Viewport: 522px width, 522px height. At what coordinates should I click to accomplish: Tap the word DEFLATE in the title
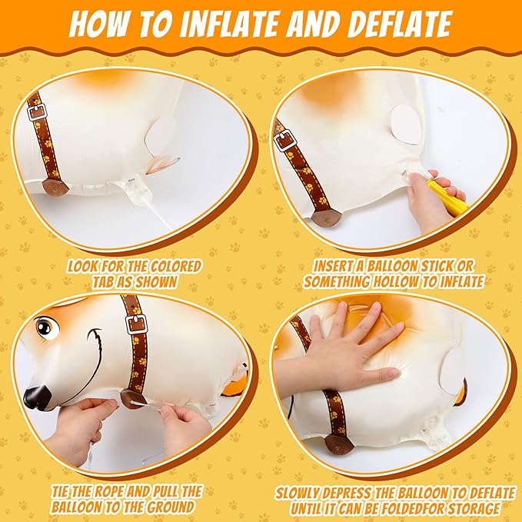tap(391, 23)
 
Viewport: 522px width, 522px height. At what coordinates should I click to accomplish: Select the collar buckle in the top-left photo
tap(37, 112)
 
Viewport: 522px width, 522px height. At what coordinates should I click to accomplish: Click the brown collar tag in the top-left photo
tap(55, 188)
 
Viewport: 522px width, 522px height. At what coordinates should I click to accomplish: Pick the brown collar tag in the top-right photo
tap(324, 219)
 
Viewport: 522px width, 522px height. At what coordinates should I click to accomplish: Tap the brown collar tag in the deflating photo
tap(338, 445)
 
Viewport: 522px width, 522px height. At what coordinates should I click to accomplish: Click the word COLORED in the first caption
tap(176, 266)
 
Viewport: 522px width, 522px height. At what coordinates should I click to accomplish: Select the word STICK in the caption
tap(440, 266)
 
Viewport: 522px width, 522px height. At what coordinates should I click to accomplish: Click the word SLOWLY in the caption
tap(299, 494)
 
